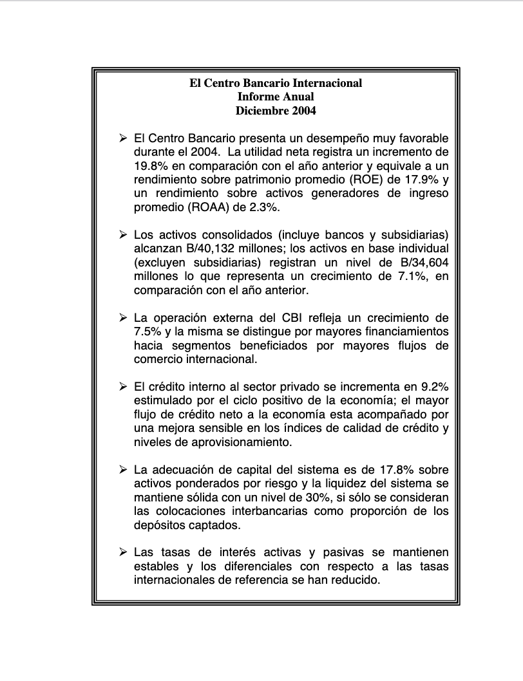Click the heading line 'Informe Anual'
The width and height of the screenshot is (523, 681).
276,97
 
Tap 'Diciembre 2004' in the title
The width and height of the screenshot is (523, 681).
276,110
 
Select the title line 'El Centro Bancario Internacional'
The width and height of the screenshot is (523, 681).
276,83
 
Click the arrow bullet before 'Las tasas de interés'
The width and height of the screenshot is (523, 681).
123,552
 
